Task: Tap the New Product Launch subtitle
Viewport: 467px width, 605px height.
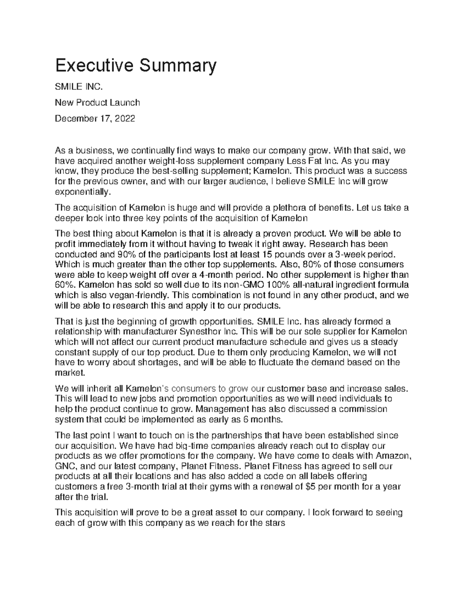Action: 97,103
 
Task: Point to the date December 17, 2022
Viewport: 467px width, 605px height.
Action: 95,119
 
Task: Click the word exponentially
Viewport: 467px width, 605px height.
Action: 83,192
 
